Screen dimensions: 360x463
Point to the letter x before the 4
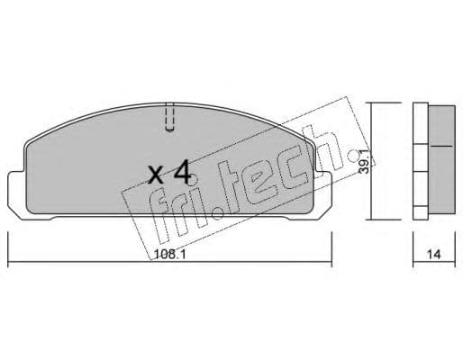click(x=156, y=173)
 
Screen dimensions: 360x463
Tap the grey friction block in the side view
click(x=438, y=144)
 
